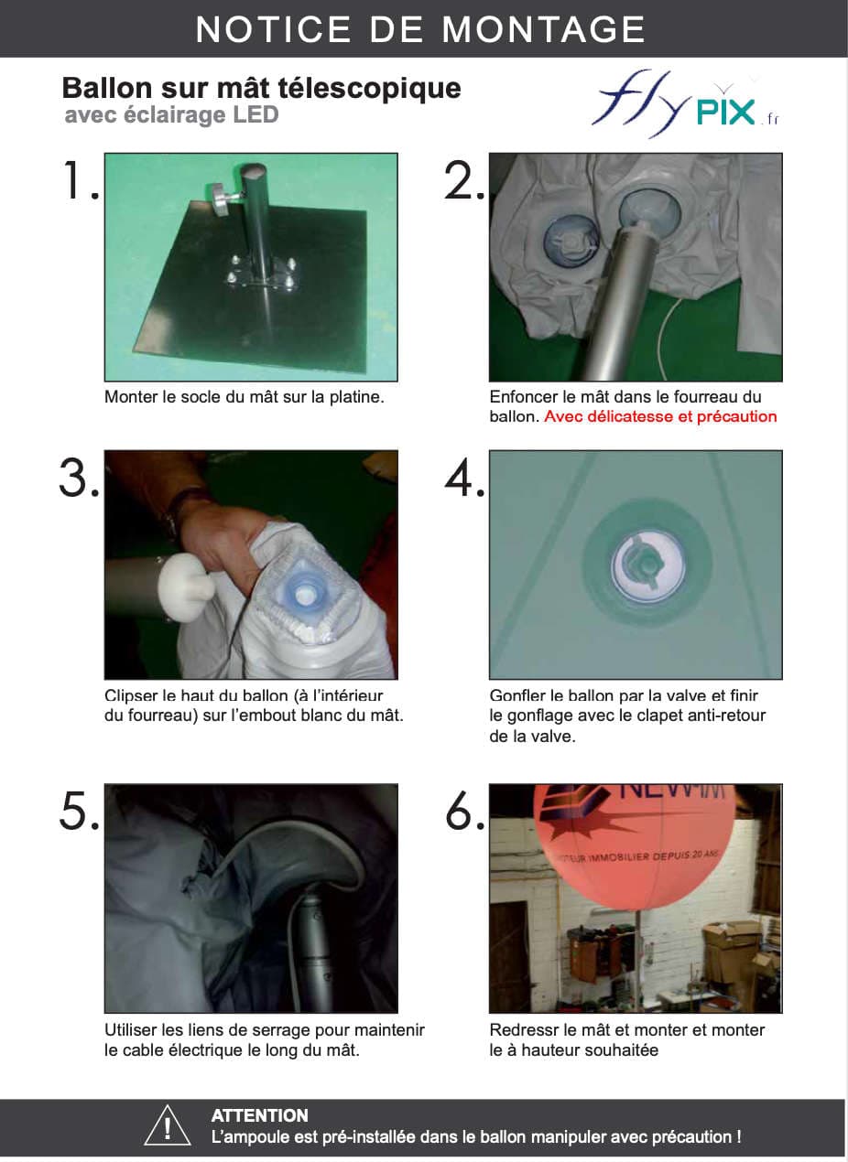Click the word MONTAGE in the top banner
pyautogui.click(x=544, y=29)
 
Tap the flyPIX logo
pyautogui.click(x=686, y=103)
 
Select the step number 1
pyautogui.click(x=80, y=180)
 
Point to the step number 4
pyautogui.click(x=465, y=478)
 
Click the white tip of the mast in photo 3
pyautogui.click(x=186, y=586)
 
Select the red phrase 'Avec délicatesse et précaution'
pyautogui.click(x=660, y=416)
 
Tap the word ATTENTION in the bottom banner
pyautogui.click(x=260, y=1115)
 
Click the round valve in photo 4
pyautogui.click(x=647, y=565)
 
